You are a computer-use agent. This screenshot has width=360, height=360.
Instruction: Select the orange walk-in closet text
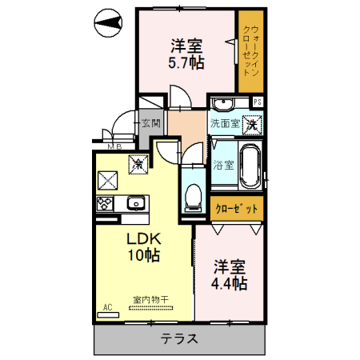[250, 53]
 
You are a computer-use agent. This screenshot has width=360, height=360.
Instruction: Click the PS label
[258, 102]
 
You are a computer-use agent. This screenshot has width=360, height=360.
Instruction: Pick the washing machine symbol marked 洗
[252, 124]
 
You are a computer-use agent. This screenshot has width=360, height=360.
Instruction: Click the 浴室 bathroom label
[223, 166]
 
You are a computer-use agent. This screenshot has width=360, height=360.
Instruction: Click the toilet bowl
[192, 195]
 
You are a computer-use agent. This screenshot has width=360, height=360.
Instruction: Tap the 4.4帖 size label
[230, 283]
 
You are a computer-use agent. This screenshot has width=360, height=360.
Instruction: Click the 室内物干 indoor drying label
[150, 300]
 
